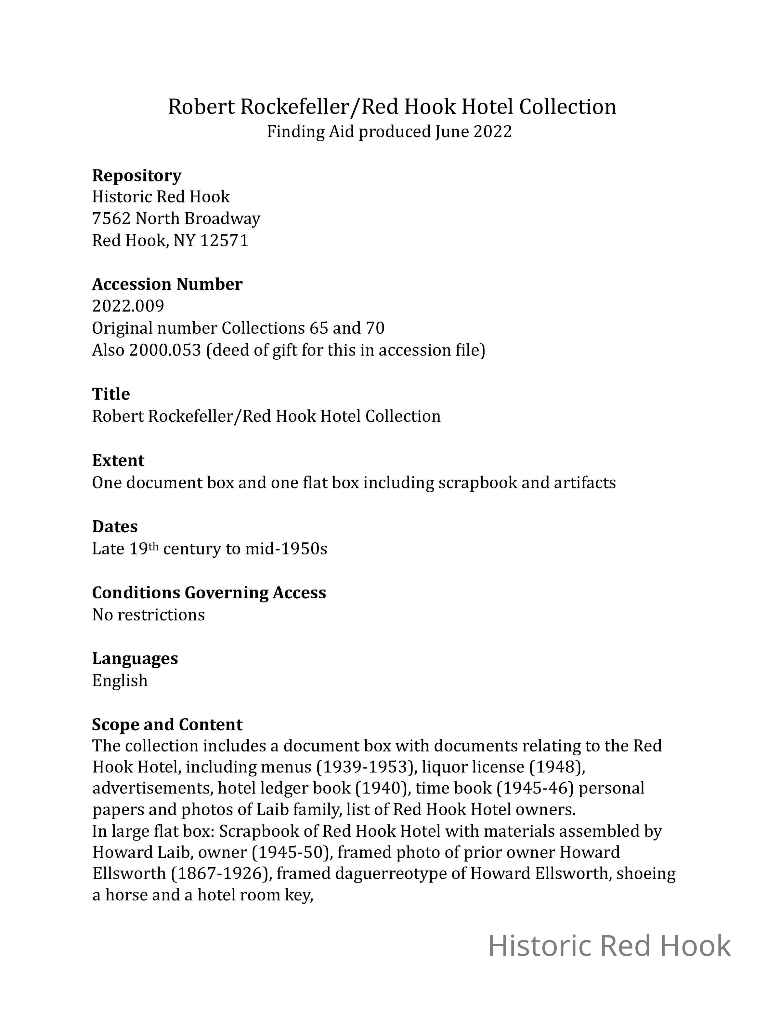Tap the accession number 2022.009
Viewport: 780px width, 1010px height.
click(128, 306)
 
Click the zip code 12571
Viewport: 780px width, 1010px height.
click(224, 241)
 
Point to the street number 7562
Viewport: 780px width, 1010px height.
click(111, 218)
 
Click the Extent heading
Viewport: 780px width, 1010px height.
click(118, 460)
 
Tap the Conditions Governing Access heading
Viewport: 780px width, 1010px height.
click(209, 592)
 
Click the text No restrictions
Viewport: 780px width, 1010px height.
click(148, 615)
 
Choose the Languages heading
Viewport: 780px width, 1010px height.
click(135, 658)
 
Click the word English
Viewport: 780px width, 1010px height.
click(120, 680)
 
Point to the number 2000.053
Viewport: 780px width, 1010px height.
click(165, 350)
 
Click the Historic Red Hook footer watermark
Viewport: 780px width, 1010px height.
click(609, 946)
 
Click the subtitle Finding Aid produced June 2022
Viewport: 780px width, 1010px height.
click(389, 132)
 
